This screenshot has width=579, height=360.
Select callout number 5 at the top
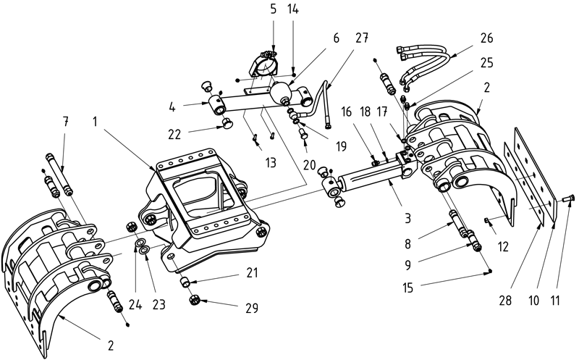pyautogui.click(x=272, y=9)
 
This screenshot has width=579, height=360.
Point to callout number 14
pyautogui.click(x=292, y=9)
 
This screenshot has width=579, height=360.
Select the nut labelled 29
pyautogui.click(x=194, y=300)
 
